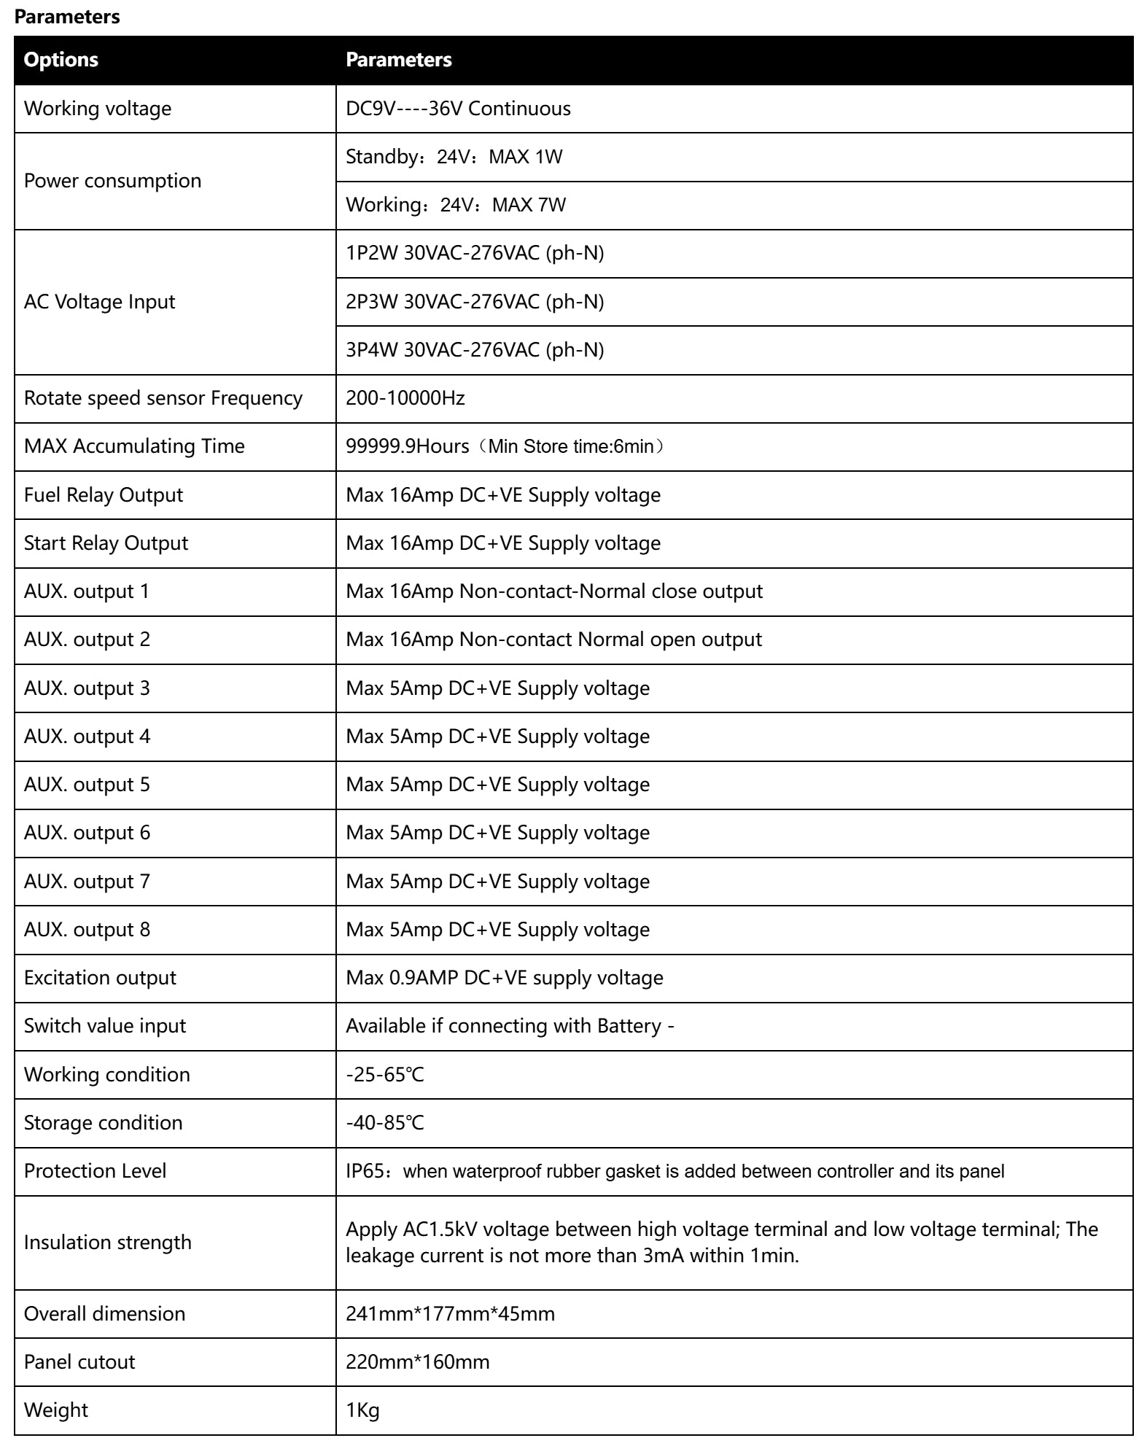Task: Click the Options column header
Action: point(61,60)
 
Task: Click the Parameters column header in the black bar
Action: point(398,60)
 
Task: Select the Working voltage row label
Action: point(98,109)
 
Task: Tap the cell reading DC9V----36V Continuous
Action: point(458,109)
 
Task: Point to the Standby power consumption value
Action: point(454,157)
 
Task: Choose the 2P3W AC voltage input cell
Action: point(475,302)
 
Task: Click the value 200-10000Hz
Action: point(405,398)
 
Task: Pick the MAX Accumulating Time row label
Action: point(134,446)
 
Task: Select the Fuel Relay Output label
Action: point(103,495)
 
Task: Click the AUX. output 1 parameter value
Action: point(554,591)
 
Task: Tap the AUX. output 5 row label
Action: point(87,785)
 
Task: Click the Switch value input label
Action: point(105,1026)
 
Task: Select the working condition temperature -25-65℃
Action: point(384,1075)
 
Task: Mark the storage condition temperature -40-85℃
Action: point(384,1123)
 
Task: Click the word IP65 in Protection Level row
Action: point(362,1171)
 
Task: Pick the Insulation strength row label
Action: point(107,1243)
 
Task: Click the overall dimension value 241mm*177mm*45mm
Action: point(450,1314)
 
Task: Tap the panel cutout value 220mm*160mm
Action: point(417,1362)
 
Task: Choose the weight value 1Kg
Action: point(362,1410)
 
